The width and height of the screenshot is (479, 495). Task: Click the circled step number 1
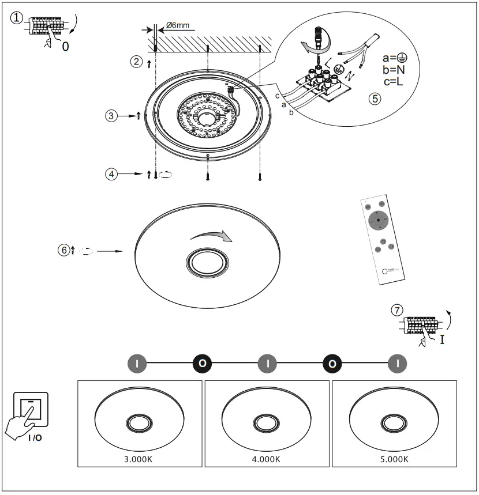click(17, 18)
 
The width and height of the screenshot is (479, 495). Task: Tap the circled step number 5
click(375, 98)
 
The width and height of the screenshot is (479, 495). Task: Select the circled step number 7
click(396, 309)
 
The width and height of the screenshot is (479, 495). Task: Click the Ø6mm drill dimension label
click(177, 26)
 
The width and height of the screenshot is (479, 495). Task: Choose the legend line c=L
click(395, 81)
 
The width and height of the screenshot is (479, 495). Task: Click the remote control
click(381, 239)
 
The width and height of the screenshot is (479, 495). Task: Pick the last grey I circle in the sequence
click(397, 364)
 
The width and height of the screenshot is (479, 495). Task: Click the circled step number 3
click(111, 116)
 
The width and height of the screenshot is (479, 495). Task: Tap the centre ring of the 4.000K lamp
click(267, 424)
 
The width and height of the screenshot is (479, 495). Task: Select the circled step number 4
click(111, 173)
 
